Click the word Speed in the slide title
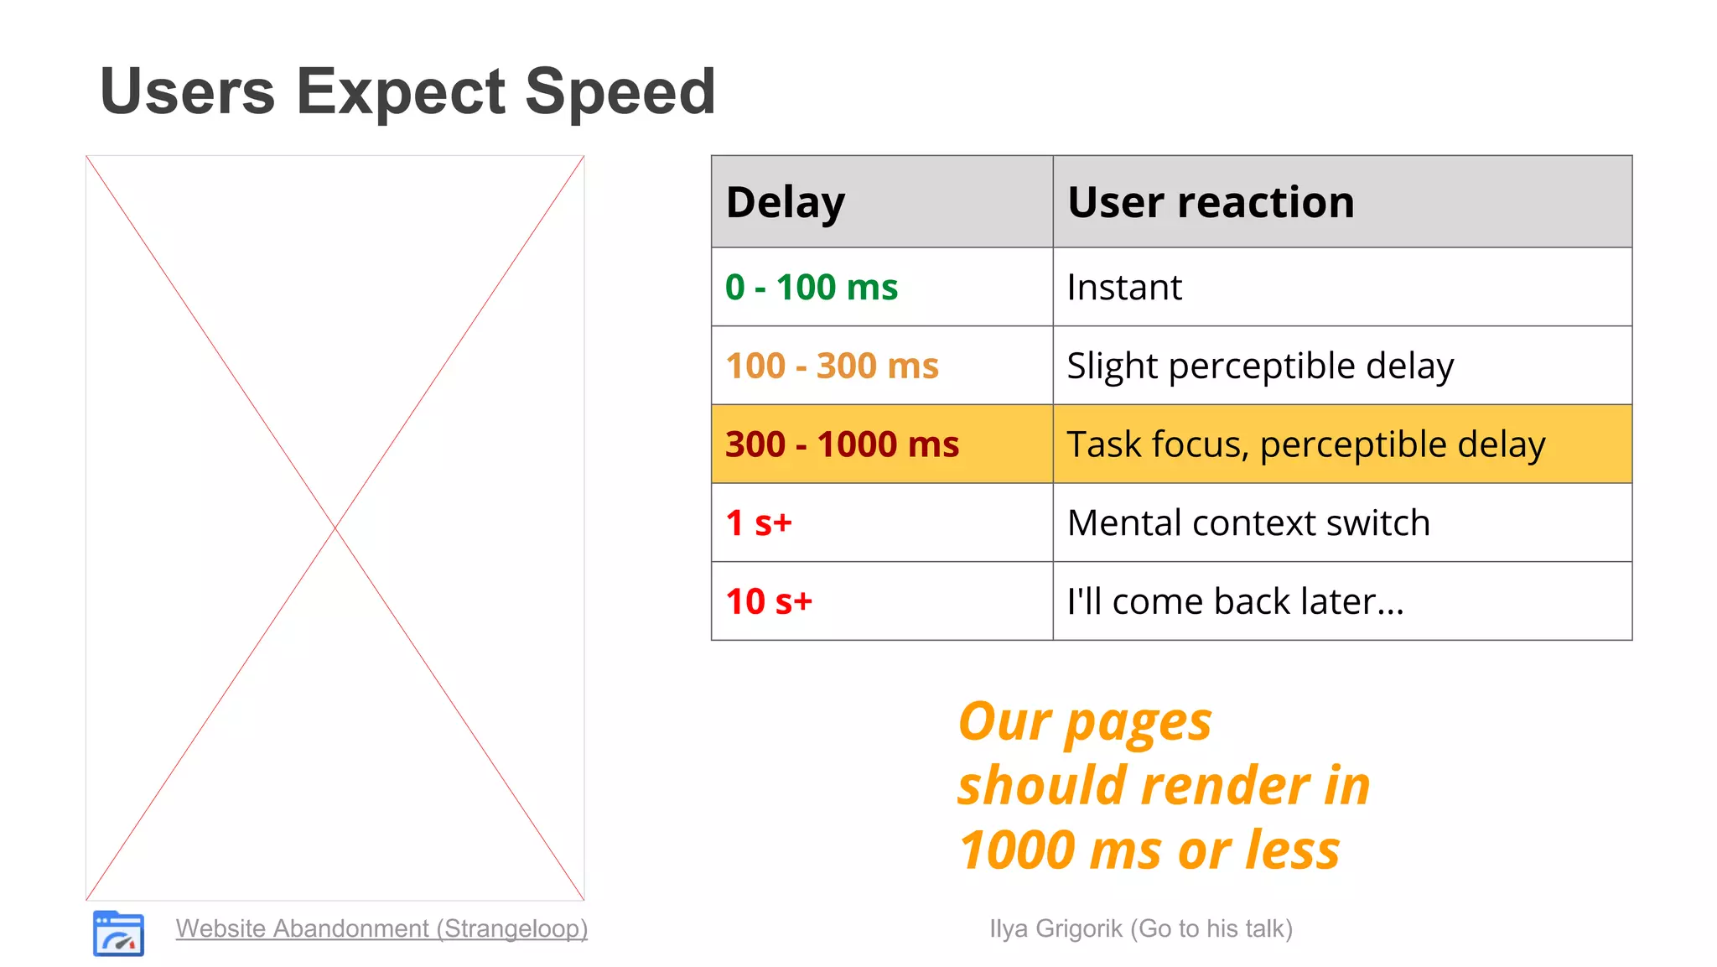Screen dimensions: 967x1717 [x=620, y=92]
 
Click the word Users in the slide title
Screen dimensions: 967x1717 [x=187, y=92]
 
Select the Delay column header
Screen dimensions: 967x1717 [x=786, y=202]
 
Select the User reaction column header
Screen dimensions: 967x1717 [x=1211, y=202]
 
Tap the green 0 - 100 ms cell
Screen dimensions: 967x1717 [x=811, y=288]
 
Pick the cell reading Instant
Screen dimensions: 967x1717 [x=1124, y=288]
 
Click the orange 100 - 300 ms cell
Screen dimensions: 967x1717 [x=832, y=366]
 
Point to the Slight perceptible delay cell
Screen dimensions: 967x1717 [x=1260, y=366]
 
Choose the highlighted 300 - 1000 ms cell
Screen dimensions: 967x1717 [x=842, y=445]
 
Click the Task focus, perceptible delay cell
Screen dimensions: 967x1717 [x=1305, y=445]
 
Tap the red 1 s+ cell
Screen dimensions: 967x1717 [x=759, y=522]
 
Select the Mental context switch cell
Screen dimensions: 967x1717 [x=1248, y=522]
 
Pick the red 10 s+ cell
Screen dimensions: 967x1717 [x=769, y=601]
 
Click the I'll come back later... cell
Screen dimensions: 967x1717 [x=1235, y=601]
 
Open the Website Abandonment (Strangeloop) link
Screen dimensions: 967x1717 [x=381, y=928]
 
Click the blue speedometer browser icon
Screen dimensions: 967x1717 [x=118, y=933]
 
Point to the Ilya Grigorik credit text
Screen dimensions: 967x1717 [x=1140, y=928]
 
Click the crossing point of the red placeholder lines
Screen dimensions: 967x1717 [x=335, y=528]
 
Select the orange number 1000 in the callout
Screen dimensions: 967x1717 [x=1017, y=850]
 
